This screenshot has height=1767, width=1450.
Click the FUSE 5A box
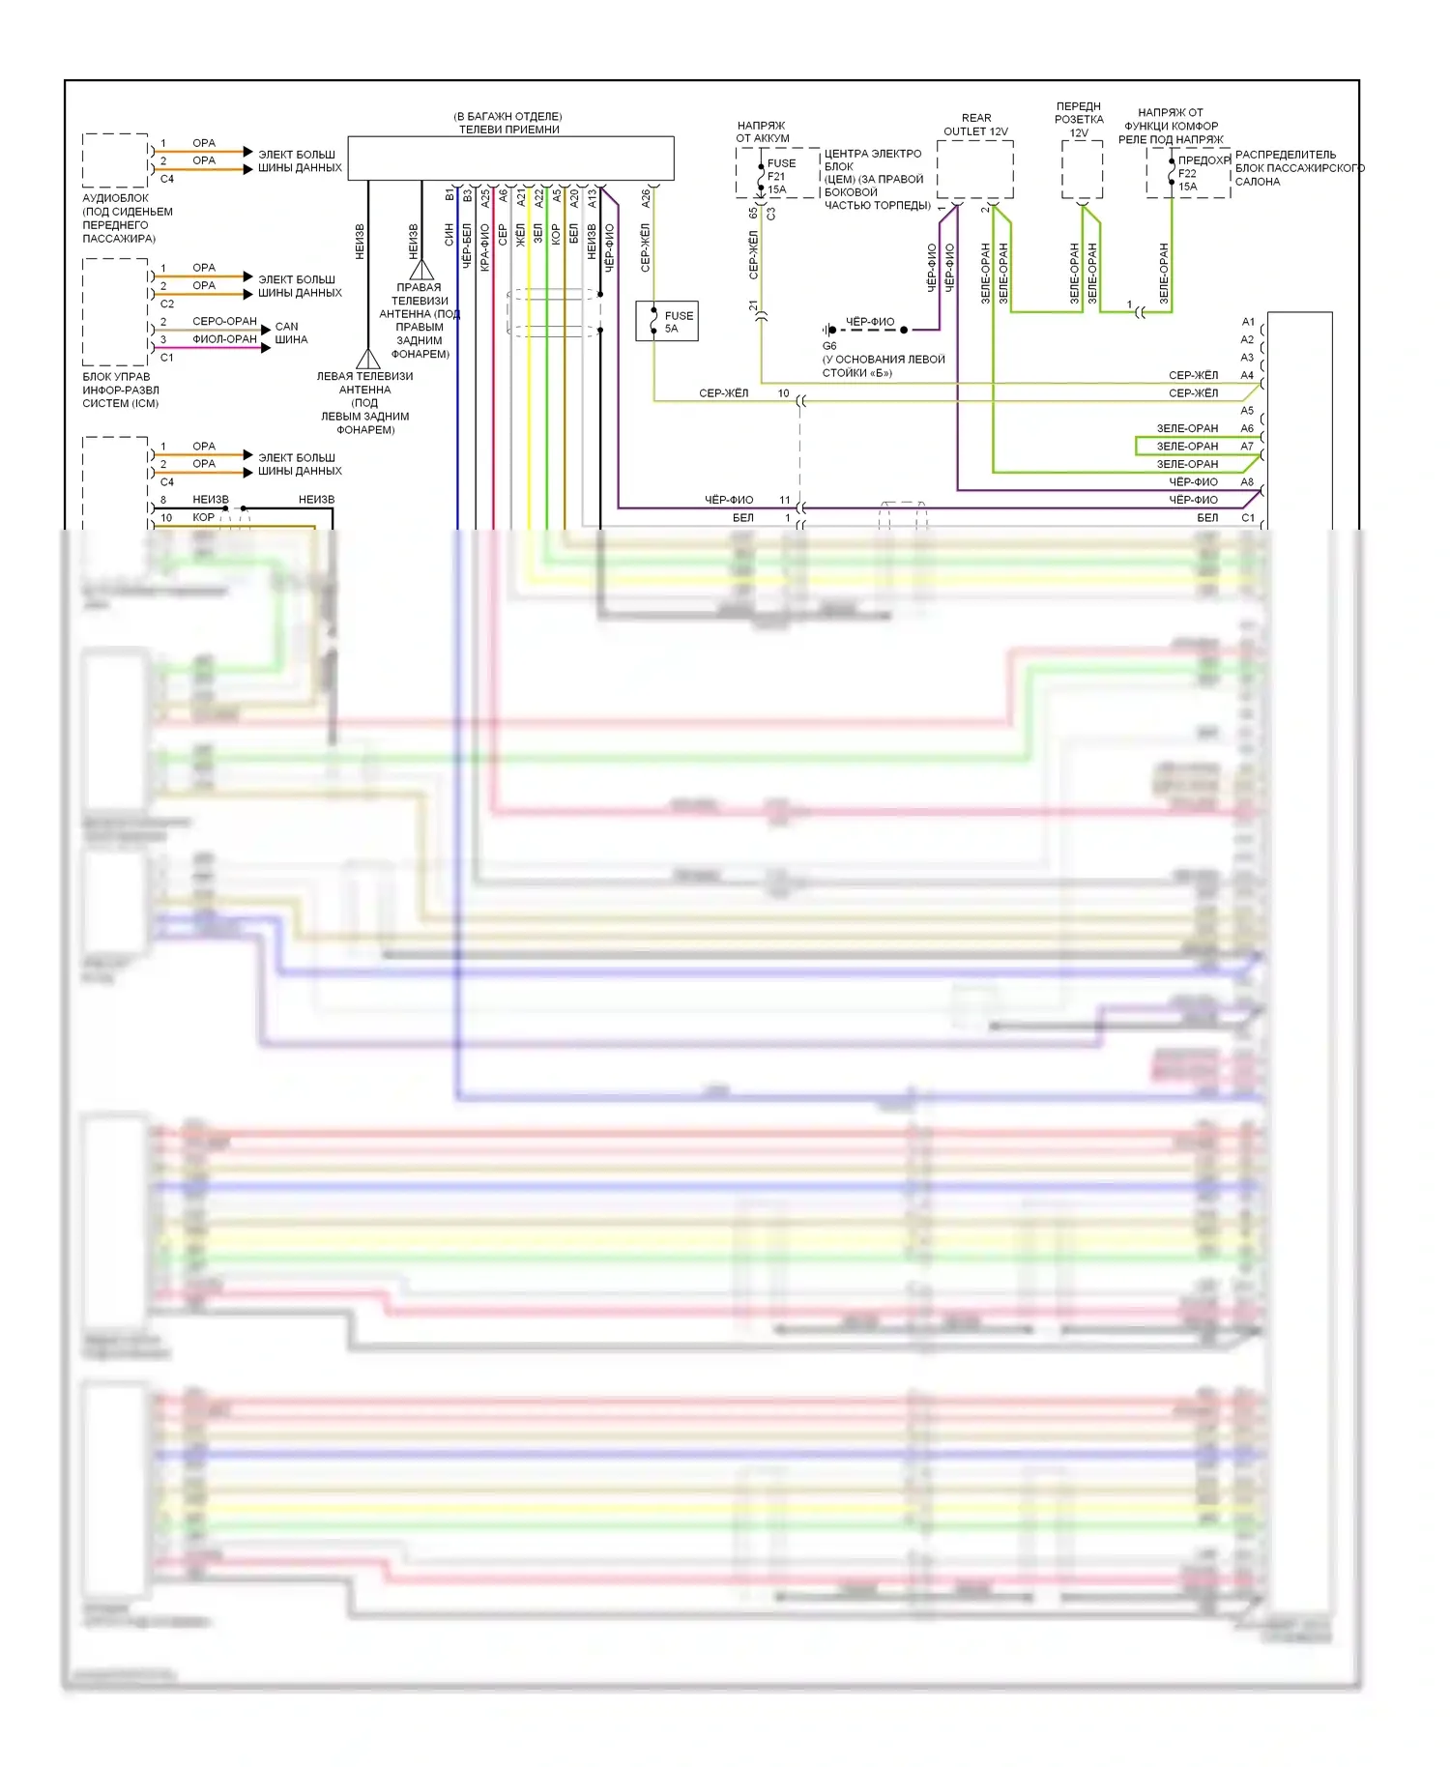click(667, 321)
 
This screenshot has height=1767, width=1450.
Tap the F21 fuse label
click(776, 177)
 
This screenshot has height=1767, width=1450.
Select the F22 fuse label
click(1187, 174)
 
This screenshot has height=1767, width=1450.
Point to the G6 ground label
click(829, 346)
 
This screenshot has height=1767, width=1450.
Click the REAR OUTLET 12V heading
click(975, 125)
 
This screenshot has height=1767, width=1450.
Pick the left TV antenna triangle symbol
click(368, 360)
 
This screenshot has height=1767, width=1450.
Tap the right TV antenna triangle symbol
click(421, 270)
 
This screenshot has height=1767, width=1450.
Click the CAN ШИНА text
click(290, 333)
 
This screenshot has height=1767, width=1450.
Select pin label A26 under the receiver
click(646, 198)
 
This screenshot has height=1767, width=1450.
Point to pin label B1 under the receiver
click(449, 195)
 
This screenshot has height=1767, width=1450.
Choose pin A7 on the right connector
click(1247, 447)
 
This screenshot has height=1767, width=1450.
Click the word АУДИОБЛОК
click(115, 198)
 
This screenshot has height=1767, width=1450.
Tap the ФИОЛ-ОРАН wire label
click(224, 339)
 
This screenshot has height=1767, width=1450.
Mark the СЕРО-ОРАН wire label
click(224, 321)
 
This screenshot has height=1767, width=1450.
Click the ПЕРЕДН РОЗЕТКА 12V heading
click(1079, 120)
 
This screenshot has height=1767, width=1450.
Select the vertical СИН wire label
click(449, 235)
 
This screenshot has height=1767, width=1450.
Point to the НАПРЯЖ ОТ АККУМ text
click(762, 131)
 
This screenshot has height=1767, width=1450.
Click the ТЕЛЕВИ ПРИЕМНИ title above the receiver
click(508, 130)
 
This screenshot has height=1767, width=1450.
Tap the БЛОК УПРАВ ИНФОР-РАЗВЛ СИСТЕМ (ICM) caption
click(120, 390)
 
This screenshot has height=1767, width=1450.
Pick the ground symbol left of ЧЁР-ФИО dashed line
click(828, 330)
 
